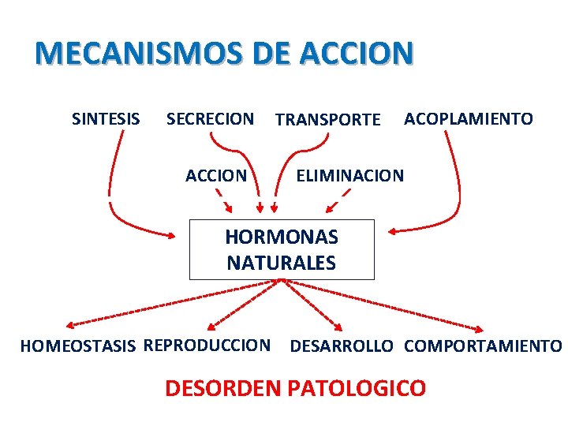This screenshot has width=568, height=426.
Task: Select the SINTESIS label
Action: click(106, 119)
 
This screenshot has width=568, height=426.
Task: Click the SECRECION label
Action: click(210, 119)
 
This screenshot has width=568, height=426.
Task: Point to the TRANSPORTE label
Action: click(327, 120)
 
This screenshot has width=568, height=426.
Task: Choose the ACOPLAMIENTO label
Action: click(469, 119)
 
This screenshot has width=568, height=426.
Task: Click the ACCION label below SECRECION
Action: click(216, 175)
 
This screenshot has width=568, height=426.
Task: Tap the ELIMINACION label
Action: click(349, 175)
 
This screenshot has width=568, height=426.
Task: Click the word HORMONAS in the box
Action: click(282, 237)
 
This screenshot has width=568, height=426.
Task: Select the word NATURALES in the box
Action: click(282, 263)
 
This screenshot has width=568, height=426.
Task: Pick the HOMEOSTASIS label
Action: click(78, 346)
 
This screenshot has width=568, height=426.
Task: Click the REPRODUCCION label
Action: click(207, 346)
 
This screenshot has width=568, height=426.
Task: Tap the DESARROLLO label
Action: click(342, 346)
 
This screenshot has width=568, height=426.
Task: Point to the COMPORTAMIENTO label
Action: click(483, 346)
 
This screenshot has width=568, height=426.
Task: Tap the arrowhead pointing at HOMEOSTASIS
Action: click(71, 324)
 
